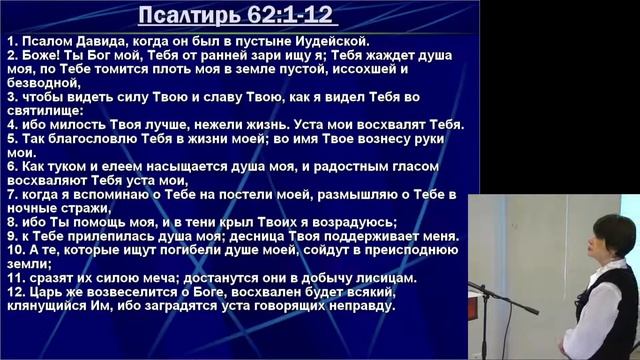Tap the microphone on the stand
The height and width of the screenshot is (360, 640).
483,290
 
